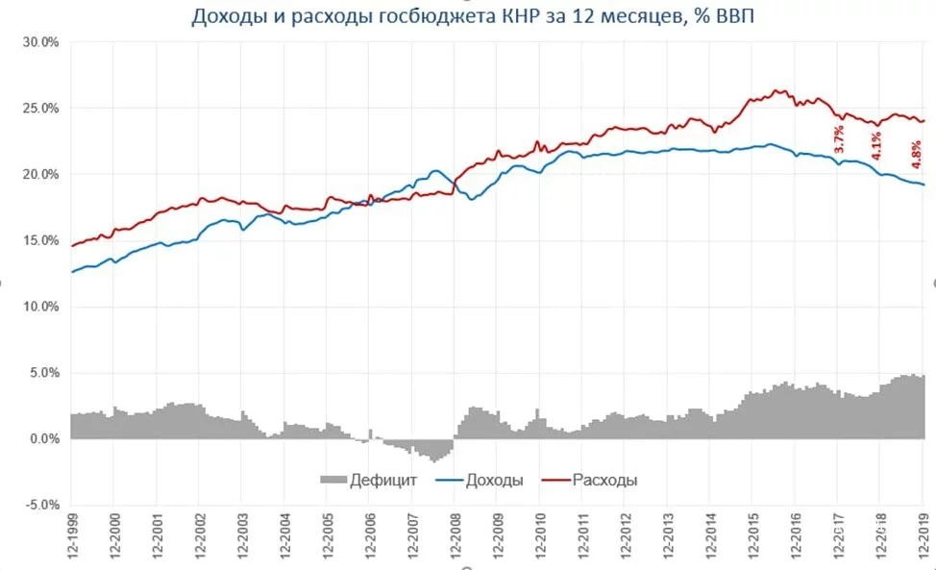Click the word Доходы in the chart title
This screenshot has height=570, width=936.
(x=227, y=16)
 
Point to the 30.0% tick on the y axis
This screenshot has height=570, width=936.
(x=40, y=42)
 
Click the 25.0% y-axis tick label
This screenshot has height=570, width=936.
(x=40, y=109)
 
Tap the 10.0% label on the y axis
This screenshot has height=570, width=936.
(x=40, y=307)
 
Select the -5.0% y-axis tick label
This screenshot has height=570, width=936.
(x=39, y=505)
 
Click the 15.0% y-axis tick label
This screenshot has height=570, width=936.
(x=40, y=240)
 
